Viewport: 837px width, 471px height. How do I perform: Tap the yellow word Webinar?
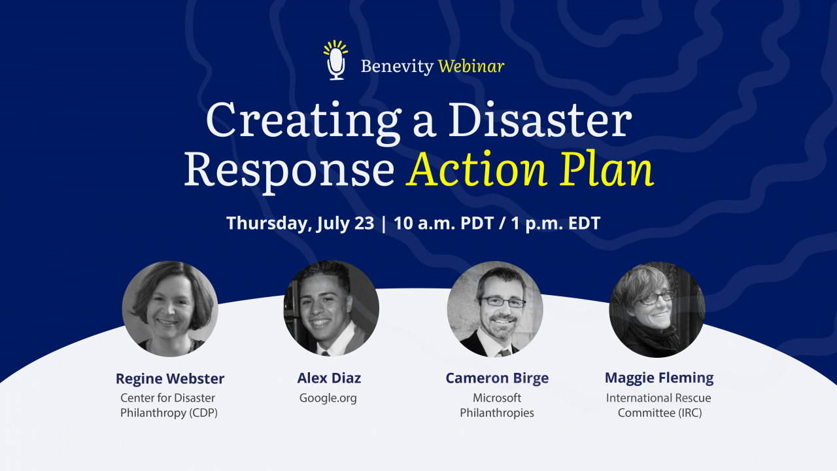tap(471, 66)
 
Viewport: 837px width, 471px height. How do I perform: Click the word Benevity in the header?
tap(397, 67)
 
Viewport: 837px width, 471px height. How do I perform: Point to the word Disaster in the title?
tap(540, 120)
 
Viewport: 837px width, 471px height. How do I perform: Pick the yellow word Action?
tap(477, 168)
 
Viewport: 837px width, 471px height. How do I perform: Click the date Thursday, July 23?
tap(300, 224)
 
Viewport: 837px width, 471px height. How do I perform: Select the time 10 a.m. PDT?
tap(443, 223)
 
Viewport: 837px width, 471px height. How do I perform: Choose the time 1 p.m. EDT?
tap(555, 223)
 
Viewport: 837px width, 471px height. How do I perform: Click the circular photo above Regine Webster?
tap(170, 309)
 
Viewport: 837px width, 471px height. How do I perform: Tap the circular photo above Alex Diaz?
tap(331, 308)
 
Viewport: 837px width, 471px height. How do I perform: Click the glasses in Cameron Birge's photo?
tap(504, 302)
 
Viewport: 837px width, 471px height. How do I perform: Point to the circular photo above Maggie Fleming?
tap(657, 309)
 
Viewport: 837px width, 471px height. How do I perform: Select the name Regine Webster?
tap(170, 378)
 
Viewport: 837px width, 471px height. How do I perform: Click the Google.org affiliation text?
tap(328, 398)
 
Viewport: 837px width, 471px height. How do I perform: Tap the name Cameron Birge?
tap(497, 378)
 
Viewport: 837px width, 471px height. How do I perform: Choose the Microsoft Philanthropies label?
tap(497, 405)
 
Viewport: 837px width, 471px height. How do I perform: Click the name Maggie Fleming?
tap(659, 378)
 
